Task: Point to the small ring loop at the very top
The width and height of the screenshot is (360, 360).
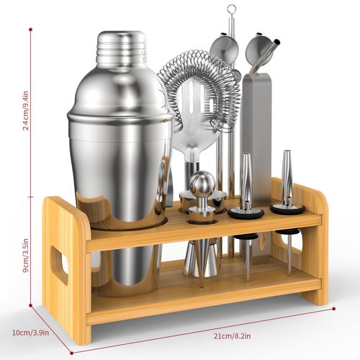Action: tap(231, 10)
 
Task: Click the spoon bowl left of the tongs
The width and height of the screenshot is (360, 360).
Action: tap(225, 48)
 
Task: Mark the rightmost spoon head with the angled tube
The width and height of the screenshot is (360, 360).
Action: tap(261, 48)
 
